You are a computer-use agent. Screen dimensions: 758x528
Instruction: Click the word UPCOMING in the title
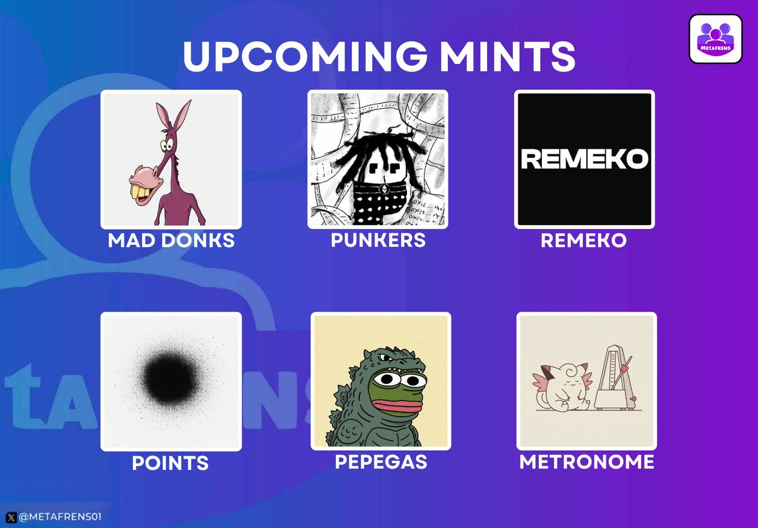pos(305,56)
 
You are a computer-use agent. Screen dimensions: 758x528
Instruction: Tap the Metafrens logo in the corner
pos(716,39)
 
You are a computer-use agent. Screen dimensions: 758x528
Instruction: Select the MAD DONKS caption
pos(171,240)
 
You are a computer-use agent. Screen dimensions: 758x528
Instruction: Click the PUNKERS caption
pos(378,240)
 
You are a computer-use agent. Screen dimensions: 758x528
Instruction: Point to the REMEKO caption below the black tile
pos(584,240)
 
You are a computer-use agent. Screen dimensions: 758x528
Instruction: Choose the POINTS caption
pos(170,463)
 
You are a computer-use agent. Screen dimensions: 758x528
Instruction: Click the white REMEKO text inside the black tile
pos(584,159)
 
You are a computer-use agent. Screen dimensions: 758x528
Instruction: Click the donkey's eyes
pos(167,145)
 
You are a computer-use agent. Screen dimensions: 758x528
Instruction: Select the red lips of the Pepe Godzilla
pos(397,405)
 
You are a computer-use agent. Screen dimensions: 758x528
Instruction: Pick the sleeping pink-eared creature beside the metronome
pos(562,387)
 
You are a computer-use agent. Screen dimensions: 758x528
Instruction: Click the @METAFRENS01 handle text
pos(60,517)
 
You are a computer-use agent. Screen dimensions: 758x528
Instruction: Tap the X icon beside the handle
pos(11,517)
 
